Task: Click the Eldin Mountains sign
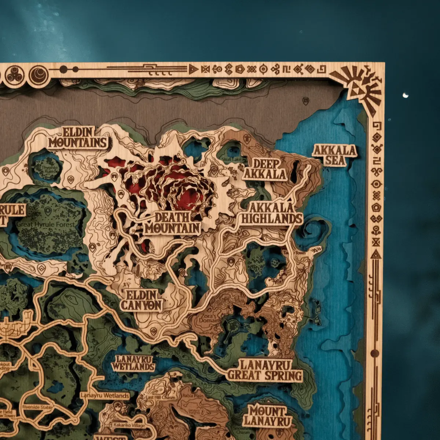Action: (78, 137)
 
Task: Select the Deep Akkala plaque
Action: (265, 169)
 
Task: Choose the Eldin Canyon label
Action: (142, 300)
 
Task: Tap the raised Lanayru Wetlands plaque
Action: (133, 362)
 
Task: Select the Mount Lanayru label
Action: (267, 416)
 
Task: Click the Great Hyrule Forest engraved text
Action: (45, 224)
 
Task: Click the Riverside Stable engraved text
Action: (37, 407)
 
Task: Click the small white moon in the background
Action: (405, 96)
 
